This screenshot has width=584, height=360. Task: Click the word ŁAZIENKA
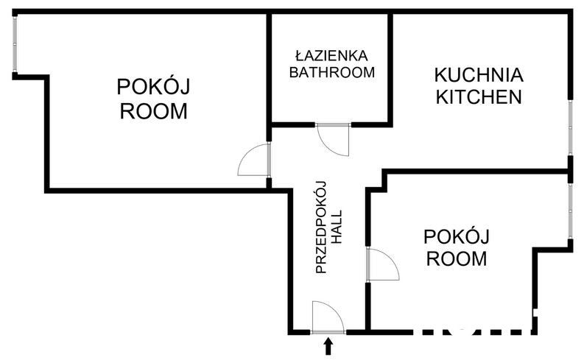[331, 56]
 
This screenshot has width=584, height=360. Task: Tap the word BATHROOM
[331, 73]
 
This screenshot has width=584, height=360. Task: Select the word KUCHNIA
[479, 75]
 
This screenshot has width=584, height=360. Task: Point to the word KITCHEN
[479, 96]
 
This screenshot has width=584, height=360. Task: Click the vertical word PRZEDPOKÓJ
[322, 229]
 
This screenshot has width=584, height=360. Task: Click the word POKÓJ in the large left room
[153, 88]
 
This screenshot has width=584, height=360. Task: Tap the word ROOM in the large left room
[153, 112]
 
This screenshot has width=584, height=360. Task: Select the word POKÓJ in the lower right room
[457, 237]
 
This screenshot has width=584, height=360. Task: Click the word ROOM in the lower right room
[457, 259]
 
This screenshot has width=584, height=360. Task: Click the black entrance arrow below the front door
[328, 345]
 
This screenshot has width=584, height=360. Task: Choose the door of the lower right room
[381, 264]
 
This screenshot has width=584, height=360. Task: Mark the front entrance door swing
[327, 317]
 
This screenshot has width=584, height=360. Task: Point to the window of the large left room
[15, 44]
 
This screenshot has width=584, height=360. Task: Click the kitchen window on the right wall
[570, 127]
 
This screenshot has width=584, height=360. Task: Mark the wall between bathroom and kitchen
[391, 66]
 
